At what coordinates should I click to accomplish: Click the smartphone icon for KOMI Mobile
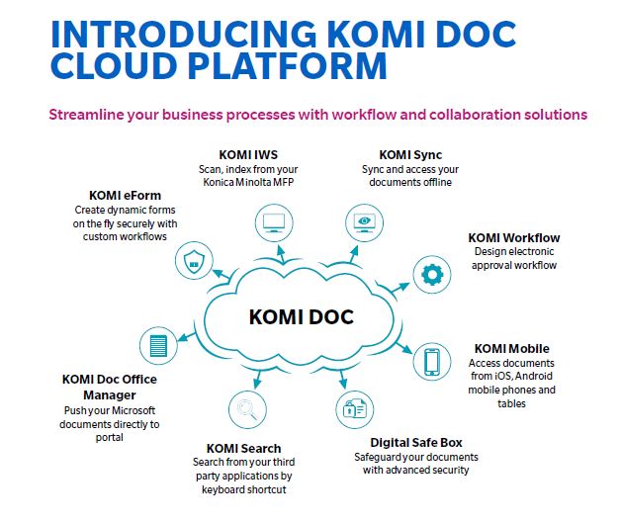click(431, 361)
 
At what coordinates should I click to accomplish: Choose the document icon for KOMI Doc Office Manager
click(155, 344)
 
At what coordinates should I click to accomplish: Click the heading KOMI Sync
click(409, 154)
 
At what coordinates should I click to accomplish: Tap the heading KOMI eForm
click(124, 195)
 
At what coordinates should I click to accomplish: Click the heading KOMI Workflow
click(513, 237)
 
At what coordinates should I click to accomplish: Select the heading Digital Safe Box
click(415, 442)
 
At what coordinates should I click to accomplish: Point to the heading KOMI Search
click(243, 448)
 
